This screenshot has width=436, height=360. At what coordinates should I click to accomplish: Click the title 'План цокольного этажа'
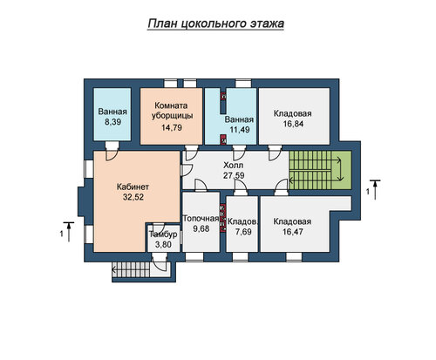pyautogui.click(x=215, y=24)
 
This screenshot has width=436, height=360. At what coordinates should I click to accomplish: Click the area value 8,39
pyautogui.click(x=112, y=122)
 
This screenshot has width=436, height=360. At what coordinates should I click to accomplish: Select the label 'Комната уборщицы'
pyautogui.click(x=172, y=111)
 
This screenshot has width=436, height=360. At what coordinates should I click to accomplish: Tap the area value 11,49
pyautogui.click(x=240, y=130)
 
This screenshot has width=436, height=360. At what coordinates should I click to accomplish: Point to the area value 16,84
pyautogui.click(x=293, y=124)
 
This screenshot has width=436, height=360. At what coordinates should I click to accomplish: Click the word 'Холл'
pyautogui.click(x=233, y=166)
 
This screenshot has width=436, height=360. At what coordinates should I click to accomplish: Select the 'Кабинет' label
pyautogui.click(x=133, y=187)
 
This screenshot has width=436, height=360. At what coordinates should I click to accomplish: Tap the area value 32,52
pyautogui.click(x=133, y=197)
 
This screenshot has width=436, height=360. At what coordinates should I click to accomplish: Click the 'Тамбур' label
pyautogui.click(x=163, y=234)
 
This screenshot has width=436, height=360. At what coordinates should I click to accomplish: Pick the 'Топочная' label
pyautogui.click(x=201, y=219)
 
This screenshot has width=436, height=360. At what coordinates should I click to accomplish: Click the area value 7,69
pyautogui.click(x=243, y=232)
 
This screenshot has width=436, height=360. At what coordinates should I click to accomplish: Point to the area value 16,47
pyautogui.click(x=293, y=232)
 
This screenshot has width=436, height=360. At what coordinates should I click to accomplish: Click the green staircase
pyautogui.click(x=320, y=170)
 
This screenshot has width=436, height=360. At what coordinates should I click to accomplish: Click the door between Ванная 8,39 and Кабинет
pyautogui.click(x=112, y=151)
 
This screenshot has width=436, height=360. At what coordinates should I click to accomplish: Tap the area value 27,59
pyautogui.click(x=234, y=175)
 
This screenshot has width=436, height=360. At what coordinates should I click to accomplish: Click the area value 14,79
pyautogui.click(x=172, y=127)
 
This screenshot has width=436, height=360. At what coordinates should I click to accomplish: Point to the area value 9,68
pyautogui.click(x=201, y=228)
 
